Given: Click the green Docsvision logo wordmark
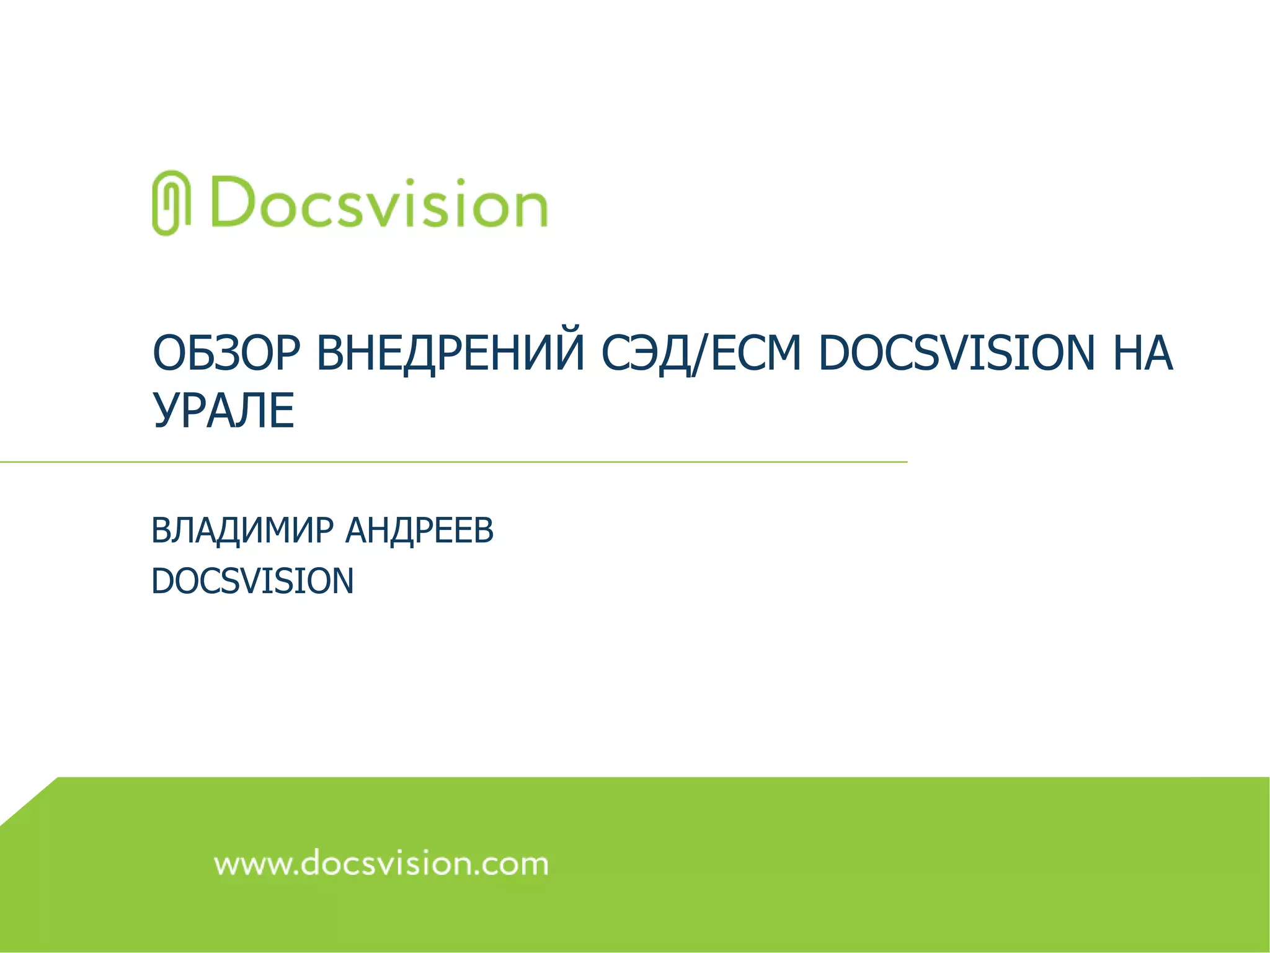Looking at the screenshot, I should pos(379,203).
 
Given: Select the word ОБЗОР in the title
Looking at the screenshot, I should pos(226,353).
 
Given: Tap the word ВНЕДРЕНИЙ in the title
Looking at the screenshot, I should pos(451,353).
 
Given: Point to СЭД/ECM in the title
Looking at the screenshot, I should pos(701,353).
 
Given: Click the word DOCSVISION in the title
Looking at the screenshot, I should pos(957,353).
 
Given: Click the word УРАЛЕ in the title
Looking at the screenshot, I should pos(223,410).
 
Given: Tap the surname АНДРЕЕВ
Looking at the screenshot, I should pos(419,530).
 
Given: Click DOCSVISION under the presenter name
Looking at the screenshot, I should pos(252,581).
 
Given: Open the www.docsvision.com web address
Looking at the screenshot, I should pos(381,864).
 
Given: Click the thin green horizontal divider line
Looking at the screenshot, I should pos(453,462).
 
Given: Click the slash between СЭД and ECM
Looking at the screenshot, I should pos(700,354).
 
